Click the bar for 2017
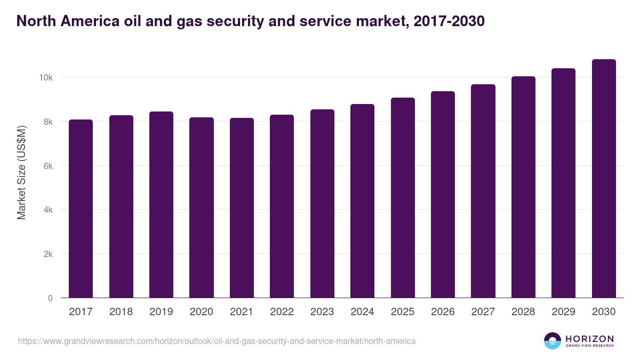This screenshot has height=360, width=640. pos(81,209)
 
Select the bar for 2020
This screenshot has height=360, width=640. pos(202,207)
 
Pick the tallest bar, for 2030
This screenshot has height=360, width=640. pos(604,178)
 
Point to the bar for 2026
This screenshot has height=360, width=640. pos(443,194)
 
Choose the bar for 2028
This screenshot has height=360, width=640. pos(523,187)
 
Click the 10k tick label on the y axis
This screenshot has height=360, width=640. pos(45,78)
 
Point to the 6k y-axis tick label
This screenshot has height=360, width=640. pos(47,166)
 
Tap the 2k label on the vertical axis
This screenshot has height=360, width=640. pos(47,254)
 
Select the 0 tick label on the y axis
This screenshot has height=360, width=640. pos(50,299)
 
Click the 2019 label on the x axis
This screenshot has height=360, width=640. pos(161,312)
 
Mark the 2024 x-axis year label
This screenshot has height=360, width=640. pos(362,312)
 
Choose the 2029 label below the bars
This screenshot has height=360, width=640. pos(563,312)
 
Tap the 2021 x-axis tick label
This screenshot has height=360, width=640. pos(242,312)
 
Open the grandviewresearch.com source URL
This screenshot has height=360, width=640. pos(217,341)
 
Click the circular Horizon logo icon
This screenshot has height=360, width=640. pos(553,341)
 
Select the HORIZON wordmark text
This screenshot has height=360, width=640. pos(589,338)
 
